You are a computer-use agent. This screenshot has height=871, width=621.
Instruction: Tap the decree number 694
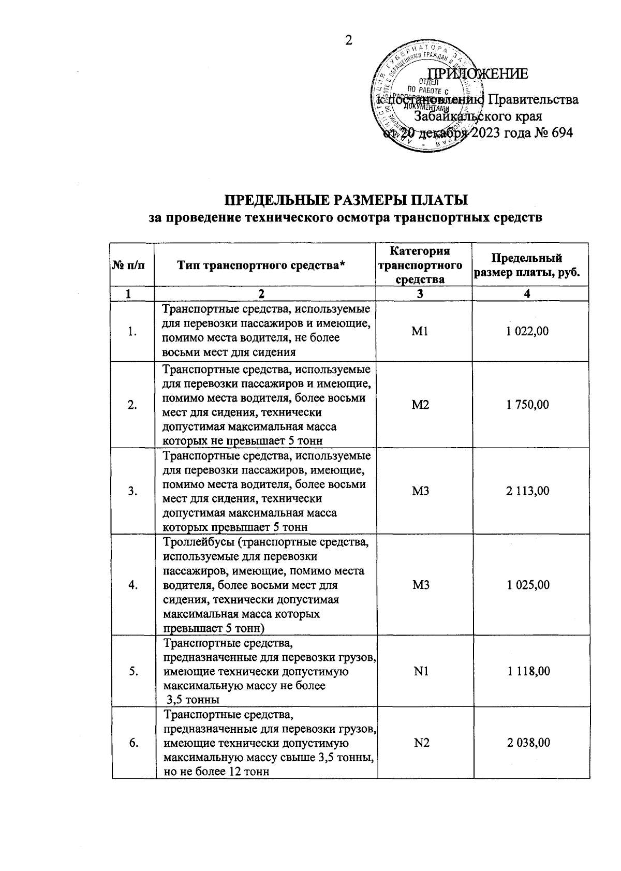point(561,133)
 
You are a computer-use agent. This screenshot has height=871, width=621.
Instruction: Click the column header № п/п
point(128,265)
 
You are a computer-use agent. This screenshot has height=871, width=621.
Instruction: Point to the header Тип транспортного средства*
point(261,265)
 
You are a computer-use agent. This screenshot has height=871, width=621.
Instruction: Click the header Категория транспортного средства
point(420,265)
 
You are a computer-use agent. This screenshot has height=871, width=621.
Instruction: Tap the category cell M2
point(420,405)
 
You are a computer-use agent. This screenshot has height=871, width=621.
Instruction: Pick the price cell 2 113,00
point(527,491)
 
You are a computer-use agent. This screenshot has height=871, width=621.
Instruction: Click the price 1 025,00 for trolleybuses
point(528,585)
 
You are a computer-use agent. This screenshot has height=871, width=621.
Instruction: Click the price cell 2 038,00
point(528,743)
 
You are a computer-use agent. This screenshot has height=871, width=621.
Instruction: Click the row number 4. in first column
point(133,585)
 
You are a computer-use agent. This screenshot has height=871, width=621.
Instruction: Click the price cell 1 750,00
point(527,405)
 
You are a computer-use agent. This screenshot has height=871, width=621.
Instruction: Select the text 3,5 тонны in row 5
point(193,700)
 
